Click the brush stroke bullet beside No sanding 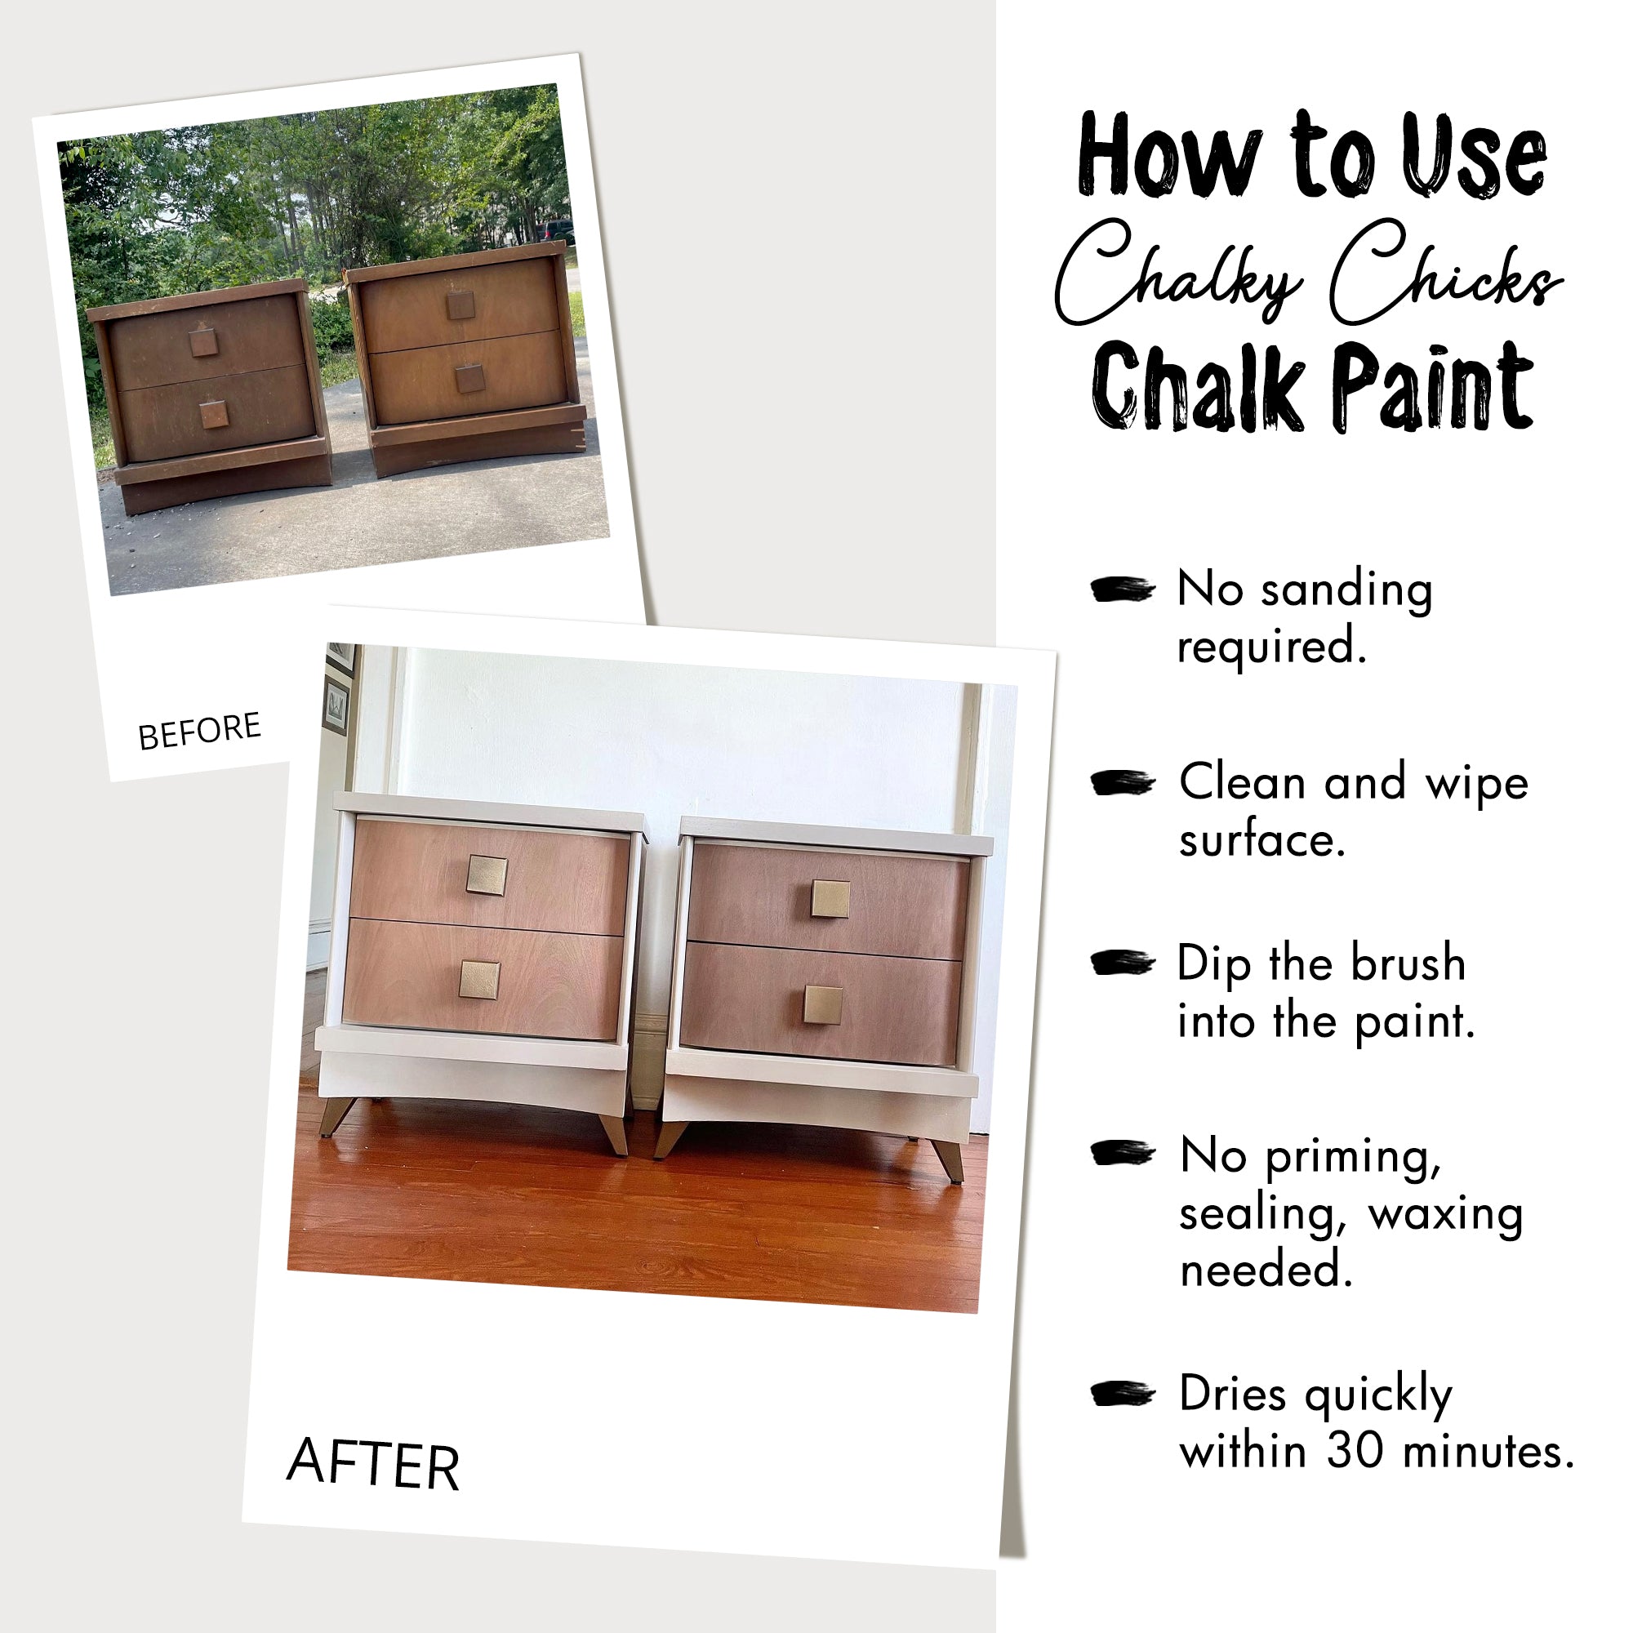pyautogui.click(x=1122, y=590)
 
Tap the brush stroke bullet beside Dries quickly pyautogui.click(x=1122, y=1393)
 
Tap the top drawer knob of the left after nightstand pyautogui.click(x=487, y=875)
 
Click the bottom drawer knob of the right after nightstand pyautogui.click(x=822, y=1005)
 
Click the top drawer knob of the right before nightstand pyautogui.click(x=461, y=305)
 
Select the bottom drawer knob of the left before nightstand pyautogui.click(x=214, y=414)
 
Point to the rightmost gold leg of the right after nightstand pyautogui.click(x=950, y=1159)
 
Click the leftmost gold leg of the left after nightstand pyautogui.click(x=335, y=1115)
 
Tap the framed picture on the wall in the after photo pyautogui.click(x=336, y=704)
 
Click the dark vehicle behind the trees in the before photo pyautogui.click(x=555, y=230)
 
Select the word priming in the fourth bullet pyautogui.click(x=1352, y=1155)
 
